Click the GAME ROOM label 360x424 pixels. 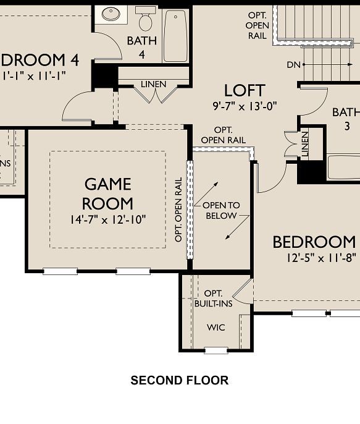[x=108, y=193]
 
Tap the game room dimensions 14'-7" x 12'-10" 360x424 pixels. [x=108, y=219]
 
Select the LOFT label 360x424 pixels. [x=245, y=91]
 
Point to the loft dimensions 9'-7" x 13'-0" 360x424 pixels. [x=245, y=106]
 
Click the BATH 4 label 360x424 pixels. [x=142, y=47]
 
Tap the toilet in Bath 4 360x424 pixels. [x=146, y=20]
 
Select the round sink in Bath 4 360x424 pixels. [x=112, y=14]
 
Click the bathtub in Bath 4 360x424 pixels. [x=175, y=36]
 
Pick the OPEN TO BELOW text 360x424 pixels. [x=221, y=210]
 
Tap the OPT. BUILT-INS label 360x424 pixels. [x=213, y=299]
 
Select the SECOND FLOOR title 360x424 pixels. [x=179, y=380]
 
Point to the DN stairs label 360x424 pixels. [x=293, y=64]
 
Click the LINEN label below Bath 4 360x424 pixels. [x=153, y=84]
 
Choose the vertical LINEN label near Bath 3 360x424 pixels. [x=304, y=144]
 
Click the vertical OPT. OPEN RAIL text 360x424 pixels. [x=178, y=210]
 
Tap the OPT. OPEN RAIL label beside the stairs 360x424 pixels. [x=257, y=25]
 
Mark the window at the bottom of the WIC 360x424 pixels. [x=216, y=350]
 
